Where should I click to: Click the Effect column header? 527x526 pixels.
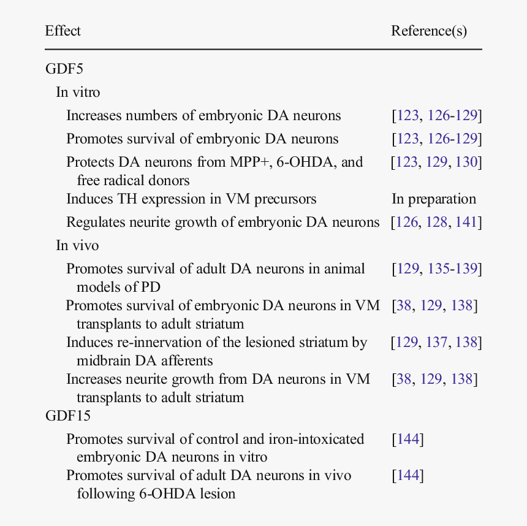click(x=63, y=31)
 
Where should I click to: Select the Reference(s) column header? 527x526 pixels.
click(x=429, y=31)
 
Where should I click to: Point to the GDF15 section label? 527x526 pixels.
click(x=68, y=416)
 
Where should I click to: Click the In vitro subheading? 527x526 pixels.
click(x=78, y=92)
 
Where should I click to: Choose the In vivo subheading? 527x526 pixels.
click(x=77, y=245)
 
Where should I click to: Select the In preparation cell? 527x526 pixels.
click(x=434, y=199)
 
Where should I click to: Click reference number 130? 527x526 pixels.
click(x=467, y=162)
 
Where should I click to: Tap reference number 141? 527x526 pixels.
click(x=467, y=222)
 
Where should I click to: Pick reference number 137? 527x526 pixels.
click(x=437, y=342)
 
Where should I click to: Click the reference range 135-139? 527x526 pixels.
click(x=457, y=269)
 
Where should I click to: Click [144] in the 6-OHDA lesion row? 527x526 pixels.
click(x=408, y=475)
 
